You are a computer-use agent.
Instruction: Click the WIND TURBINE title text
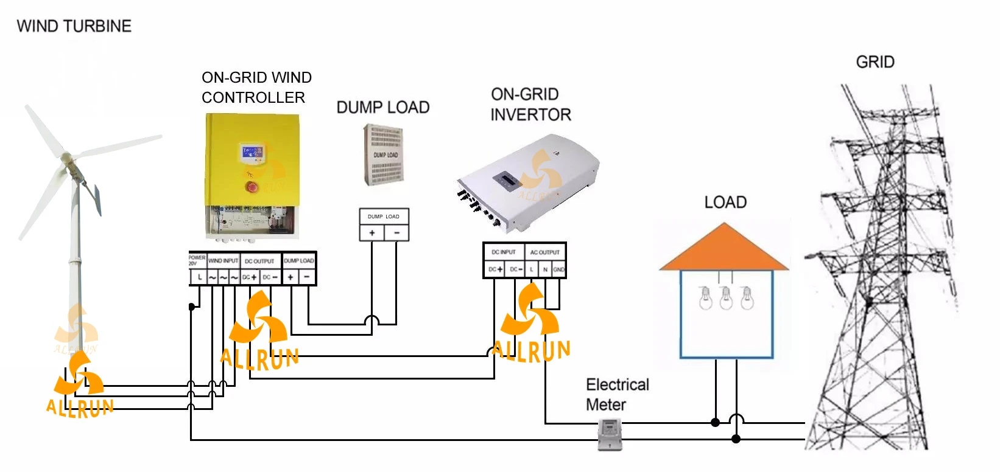74,26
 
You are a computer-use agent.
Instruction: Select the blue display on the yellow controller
252,152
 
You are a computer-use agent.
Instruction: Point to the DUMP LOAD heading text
383,108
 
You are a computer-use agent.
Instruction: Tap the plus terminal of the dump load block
371,233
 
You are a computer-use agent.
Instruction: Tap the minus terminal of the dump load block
396,233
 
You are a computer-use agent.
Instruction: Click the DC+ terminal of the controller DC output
250,277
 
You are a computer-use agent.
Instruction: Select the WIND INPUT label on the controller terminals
223,261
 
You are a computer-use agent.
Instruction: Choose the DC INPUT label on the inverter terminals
504,252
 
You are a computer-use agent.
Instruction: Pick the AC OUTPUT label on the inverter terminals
544,252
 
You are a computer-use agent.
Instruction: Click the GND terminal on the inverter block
558,269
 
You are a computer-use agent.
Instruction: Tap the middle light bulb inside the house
726,298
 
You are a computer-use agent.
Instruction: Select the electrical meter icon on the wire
609,434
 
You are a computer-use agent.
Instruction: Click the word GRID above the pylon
875,62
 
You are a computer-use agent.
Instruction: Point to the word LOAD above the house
725,203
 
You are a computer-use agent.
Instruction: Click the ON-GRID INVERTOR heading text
530,104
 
